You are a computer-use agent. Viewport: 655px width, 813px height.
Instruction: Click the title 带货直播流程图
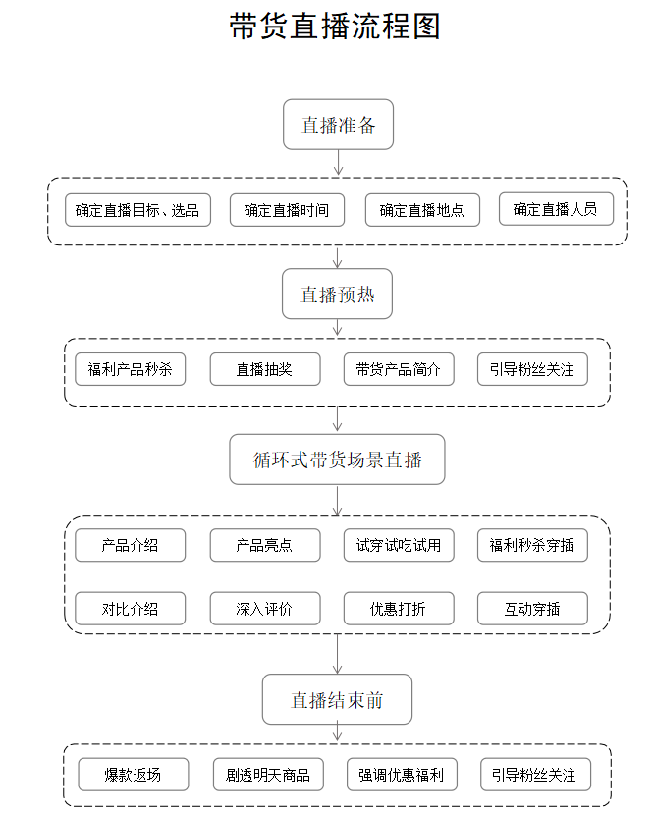coord(335,27)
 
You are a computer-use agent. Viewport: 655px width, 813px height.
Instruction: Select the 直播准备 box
coord(338,125)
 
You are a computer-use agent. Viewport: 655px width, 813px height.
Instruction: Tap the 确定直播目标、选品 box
coord(137,210)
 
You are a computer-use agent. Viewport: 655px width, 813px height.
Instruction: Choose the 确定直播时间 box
coord(287,210)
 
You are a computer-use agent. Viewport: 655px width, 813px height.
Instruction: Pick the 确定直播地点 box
coord(421,210)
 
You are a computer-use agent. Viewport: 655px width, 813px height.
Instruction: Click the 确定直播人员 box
coord(556,209)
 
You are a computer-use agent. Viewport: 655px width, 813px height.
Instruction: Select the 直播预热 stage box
coord(337,294)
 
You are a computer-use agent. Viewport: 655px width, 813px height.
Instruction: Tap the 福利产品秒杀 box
coord(130,369)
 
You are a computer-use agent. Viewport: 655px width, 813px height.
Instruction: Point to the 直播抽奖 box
coord(264,369)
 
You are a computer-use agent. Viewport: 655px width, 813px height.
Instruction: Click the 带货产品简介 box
coord(398,369)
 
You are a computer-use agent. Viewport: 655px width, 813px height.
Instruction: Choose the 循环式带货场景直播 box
coord(337,460)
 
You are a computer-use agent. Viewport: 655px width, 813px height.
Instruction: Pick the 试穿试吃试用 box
coord(398,545)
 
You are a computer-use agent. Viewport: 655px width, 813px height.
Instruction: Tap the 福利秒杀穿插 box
coord(532,545)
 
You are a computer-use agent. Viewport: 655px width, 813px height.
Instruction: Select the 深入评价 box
coord(264,609)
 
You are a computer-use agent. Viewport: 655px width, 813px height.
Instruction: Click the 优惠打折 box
coord(398,609)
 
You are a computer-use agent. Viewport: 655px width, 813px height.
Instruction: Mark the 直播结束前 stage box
coord(337,699)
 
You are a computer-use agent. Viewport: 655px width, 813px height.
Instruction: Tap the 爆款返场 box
coord(133,775)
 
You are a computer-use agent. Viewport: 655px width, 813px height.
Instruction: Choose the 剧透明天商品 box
coord(268,775)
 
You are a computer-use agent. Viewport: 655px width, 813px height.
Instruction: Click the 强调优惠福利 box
coord(401,775)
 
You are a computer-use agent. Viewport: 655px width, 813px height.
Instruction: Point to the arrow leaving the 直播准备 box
coord(338,163)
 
